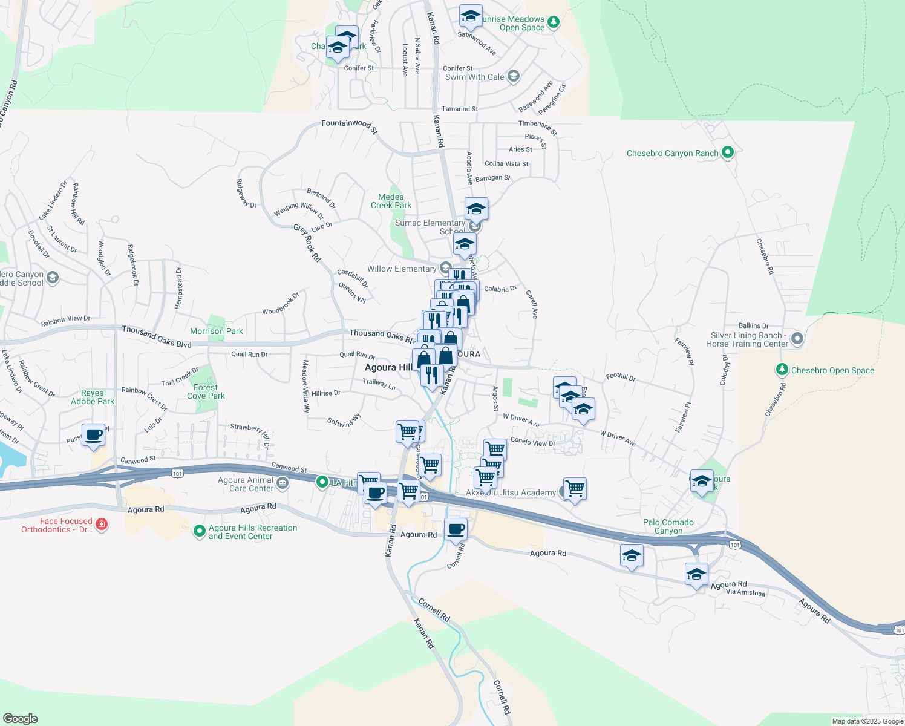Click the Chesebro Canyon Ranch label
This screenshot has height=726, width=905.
coord(672,154)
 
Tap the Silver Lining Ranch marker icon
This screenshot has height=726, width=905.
coord(797,339)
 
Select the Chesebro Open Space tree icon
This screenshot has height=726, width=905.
coord(782,370)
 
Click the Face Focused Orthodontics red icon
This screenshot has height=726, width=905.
coord(102,524)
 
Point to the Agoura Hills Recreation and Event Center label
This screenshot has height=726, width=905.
coord(253,532)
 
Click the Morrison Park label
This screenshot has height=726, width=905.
coord(216,331)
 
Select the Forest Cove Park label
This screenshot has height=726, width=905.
coord(206,391)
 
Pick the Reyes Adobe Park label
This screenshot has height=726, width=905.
coord(93,397)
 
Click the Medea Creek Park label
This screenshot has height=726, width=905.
coord(391,201)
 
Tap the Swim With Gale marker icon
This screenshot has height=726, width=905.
coord(514,76)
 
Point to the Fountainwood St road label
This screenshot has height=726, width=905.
coord(350,125)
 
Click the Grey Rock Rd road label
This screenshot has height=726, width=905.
coord(307,243)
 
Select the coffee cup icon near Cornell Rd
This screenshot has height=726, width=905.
coord(456,529)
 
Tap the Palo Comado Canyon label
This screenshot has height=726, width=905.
coord(668,526)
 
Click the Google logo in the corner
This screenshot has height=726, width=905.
coord(20,719)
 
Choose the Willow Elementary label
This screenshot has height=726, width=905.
coord(402,269)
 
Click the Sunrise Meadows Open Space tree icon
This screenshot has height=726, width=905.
coord(553,23)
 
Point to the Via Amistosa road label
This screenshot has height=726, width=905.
coord(745,592)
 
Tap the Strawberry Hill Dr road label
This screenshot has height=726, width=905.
coord(250,431)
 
